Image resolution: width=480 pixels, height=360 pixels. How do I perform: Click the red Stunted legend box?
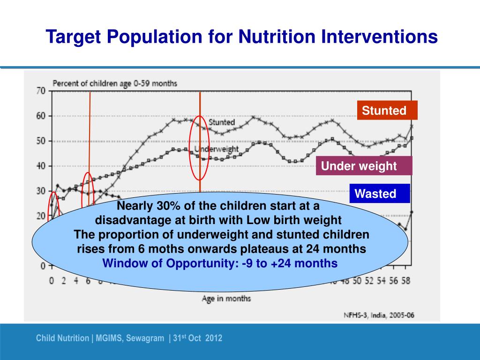(387, 111)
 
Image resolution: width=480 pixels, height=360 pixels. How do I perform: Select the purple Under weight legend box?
(364, 166)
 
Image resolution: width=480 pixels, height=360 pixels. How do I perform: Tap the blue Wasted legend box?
(380, 194)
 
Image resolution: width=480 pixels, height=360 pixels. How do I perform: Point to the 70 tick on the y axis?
(41, 91)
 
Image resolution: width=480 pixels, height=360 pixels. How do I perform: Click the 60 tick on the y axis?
(41, 116)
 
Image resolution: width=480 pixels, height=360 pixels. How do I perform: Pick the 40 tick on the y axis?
(41, 166)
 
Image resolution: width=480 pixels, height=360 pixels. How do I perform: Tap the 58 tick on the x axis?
(406, 281)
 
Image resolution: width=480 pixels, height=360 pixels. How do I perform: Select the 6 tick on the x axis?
(88, 281)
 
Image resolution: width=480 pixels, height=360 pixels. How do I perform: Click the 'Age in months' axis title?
(226, 298)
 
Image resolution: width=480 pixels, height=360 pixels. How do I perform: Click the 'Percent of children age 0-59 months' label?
(114, 83)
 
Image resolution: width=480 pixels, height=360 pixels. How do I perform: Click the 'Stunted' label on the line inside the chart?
(221, 122)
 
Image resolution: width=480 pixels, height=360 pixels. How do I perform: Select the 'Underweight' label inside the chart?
(217, 149)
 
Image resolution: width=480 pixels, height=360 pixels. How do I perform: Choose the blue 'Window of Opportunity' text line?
(220, 263)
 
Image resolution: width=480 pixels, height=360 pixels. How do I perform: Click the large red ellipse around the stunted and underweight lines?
(200, 148)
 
